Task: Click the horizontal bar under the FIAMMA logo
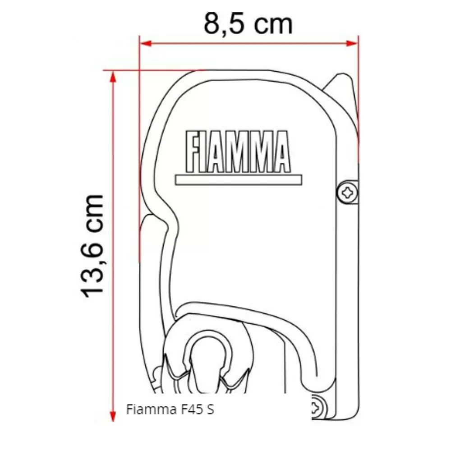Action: coord(238,179)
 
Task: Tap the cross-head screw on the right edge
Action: coord(348,193)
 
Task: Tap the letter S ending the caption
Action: coord(210,410)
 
